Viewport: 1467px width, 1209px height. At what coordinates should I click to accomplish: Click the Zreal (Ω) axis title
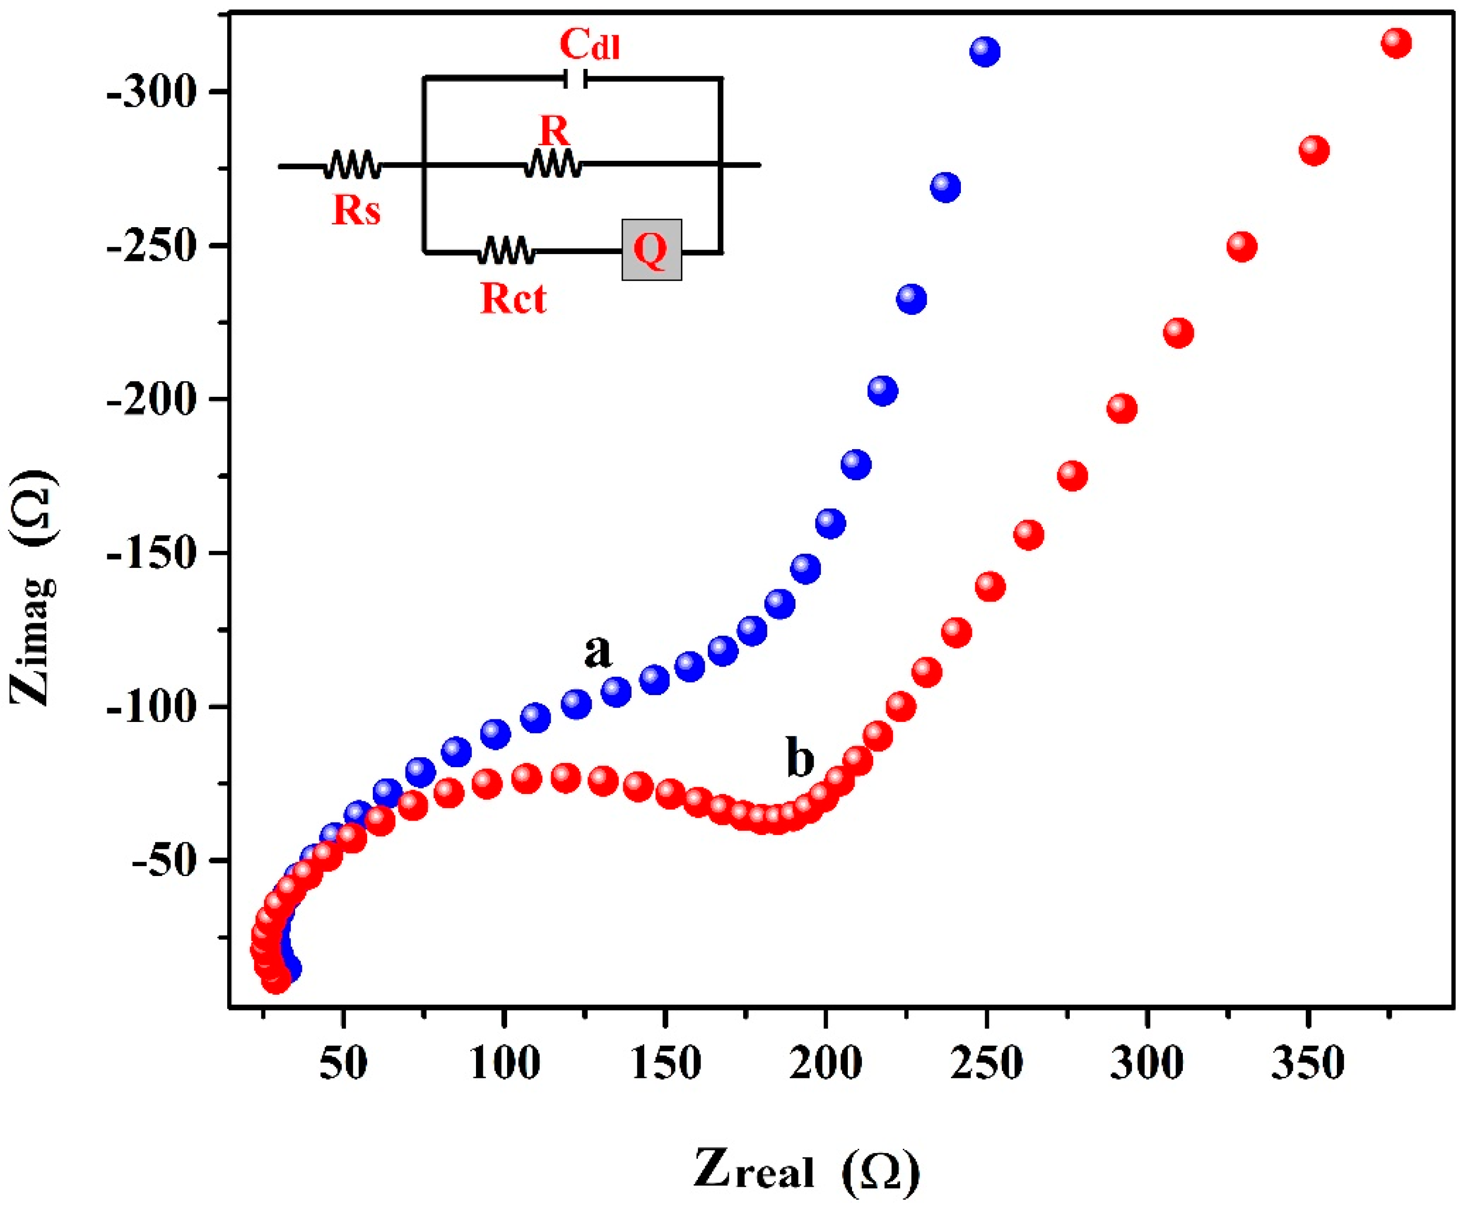click(806, 1171)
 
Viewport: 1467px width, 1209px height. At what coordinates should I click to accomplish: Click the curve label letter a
click(597, 651)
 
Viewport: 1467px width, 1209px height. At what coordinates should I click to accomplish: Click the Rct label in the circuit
click(513, 299)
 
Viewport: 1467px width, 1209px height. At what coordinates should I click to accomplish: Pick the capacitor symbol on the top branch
click(575, 79)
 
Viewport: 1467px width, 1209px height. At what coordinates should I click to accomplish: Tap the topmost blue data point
click(985, 51)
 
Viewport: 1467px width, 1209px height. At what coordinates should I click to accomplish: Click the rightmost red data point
click(1396, 43)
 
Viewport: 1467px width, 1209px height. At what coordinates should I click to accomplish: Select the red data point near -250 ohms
click(1241, 246)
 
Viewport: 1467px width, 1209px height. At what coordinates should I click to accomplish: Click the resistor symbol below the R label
click(553, 164)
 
